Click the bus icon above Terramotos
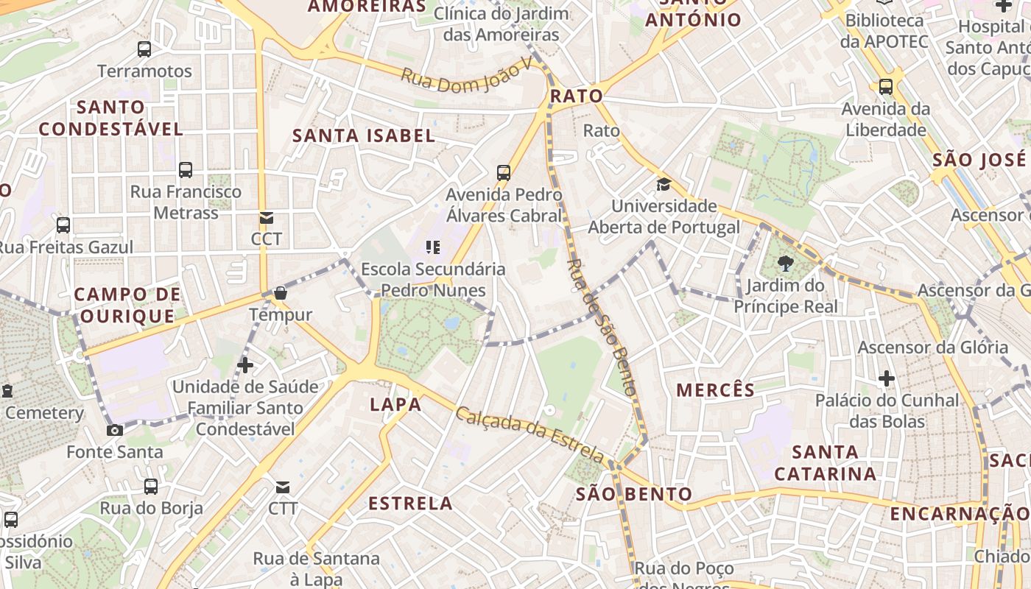[x=144, y=49]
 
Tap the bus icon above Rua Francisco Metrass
[x=186, y=170]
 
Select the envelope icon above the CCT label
[x=267, y=218]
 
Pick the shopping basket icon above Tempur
[x=281, y=293]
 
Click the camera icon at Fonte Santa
[x=115, y=430]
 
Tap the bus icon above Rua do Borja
[x=151, y=486]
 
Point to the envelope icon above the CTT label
[x=283, y=487]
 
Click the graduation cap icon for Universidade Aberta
[x=664, y=184]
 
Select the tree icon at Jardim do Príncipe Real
[x=786, y=264]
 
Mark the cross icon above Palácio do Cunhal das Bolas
[x=887, y=378]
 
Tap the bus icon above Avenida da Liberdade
[x=886, y=86]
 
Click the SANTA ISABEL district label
[x=364, y=135]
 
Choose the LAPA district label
[x=395, y=404]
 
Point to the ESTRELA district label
[x=410, y=504]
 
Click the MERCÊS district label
[x=715, y=390]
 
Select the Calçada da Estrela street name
[x=529, y=434]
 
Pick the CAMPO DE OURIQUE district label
[x=127, y=305]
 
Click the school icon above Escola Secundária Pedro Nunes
[x=433, y=247]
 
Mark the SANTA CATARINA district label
[x=826, y=462]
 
